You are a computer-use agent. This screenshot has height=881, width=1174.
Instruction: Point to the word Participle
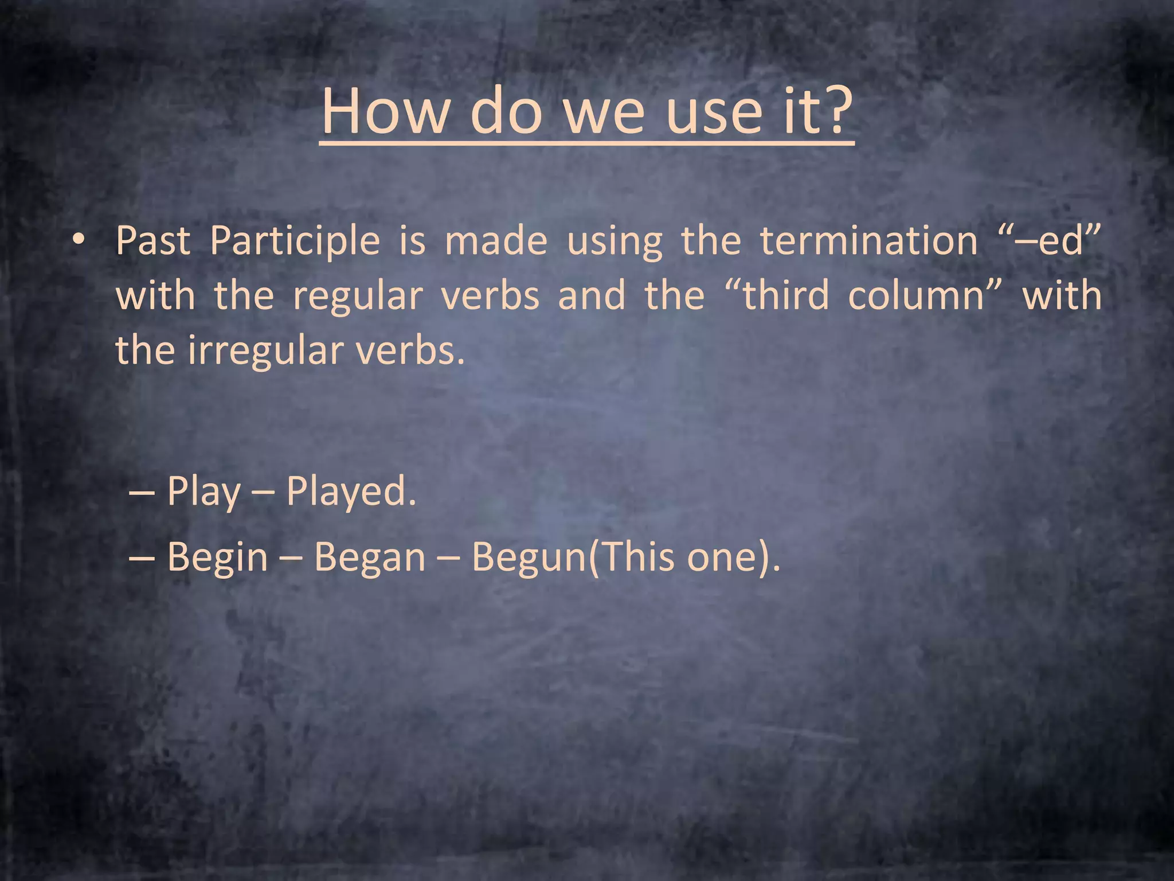(295, 241)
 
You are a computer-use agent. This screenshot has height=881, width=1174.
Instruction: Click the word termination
(868, 241)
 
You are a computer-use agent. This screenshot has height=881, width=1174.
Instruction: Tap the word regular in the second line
(358, 296)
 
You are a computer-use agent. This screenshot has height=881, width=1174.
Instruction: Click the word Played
(350, 492)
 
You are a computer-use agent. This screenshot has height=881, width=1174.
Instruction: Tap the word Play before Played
(204, 492)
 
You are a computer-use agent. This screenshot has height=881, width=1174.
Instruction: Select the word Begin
(217, 558)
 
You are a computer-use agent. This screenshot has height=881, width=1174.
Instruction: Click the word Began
(370, 558)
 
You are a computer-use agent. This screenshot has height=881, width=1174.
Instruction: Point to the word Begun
(527, 558)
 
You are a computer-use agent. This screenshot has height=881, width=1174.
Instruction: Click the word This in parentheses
(636, 557)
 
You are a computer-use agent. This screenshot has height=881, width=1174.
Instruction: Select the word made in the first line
(496, 241)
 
